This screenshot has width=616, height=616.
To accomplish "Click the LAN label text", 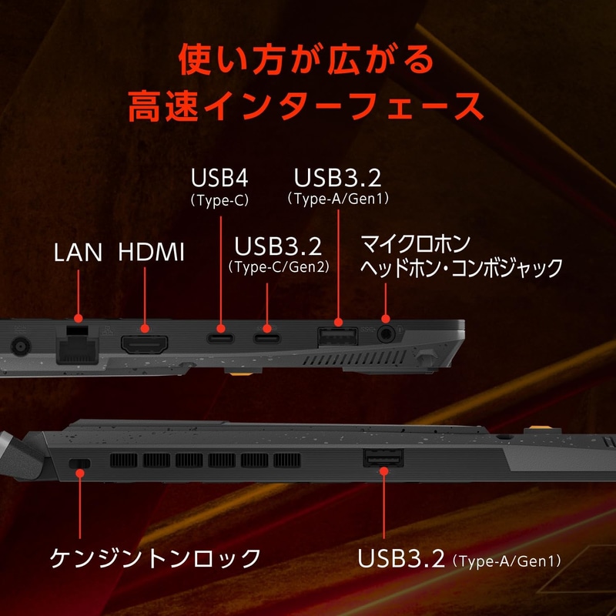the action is coord(78,253).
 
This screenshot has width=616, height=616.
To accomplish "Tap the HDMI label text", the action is coord(151,252).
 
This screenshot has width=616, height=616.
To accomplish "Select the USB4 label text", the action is coord(219,178).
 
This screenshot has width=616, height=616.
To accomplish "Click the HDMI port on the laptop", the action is coord(145,344).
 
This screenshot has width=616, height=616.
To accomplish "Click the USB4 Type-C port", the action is coord(220,338).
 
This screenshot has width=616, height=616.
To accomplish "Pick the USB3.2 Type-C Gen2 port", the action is coord(266,338).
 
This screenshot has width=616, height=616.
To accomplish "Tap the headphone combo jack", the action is coord(386,334).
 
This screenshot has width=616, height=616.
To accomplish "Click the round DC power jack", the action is coord(21,346).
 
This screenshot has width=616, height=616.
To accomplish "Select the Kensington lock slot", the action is coord(80,464).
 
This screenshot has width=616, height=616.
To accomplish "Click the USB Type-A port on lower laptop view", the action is coord(383,457).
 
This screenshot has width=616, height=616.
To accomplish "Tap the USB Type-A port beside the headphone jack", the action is coord(337,336).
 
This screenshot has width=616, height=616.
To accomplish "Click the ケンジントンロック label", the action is coord(156,557).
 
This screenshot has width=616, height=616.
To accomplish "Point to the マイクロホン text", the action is coord(415,244).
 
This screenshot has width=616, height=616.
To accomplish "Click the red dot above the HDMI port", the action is coord(145,329).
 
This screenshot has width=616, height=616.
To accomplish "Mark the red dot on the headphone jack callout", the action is coord(386,319).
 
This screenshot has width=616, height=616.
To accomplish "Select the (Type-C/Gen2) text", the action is coord(279,267).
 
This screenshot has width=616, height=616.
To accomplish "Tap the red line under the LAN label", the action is coord(79,292).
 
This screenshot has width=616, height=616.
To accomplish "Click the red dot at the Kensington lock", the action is coord(80,473).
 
